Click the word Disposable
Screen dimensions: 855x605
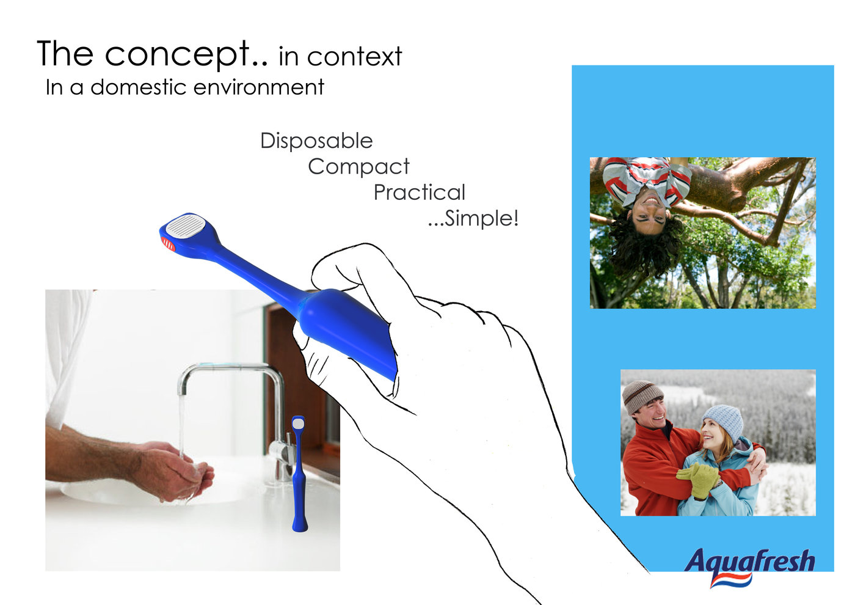[316, 141]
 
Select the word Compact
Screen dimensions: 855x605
[358, 167]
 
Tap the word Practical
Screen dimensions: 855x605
[419, 192]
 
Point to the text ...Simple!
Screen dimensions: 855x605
[473, 219]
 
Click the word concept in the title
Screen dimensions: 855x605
[177, 54]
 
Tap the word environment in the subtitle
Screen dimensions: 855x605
[259, 87]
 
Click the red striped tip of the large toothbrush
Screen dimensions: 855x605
[168, 244]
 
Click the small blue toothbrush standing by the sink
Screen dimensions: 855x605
[299, 474]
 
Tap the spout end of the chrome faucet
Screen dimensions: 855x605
[182, 391]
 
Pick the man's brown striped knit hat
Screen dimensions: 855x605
[642, 396]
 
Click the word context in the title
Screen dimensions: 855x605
[354, 57]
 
